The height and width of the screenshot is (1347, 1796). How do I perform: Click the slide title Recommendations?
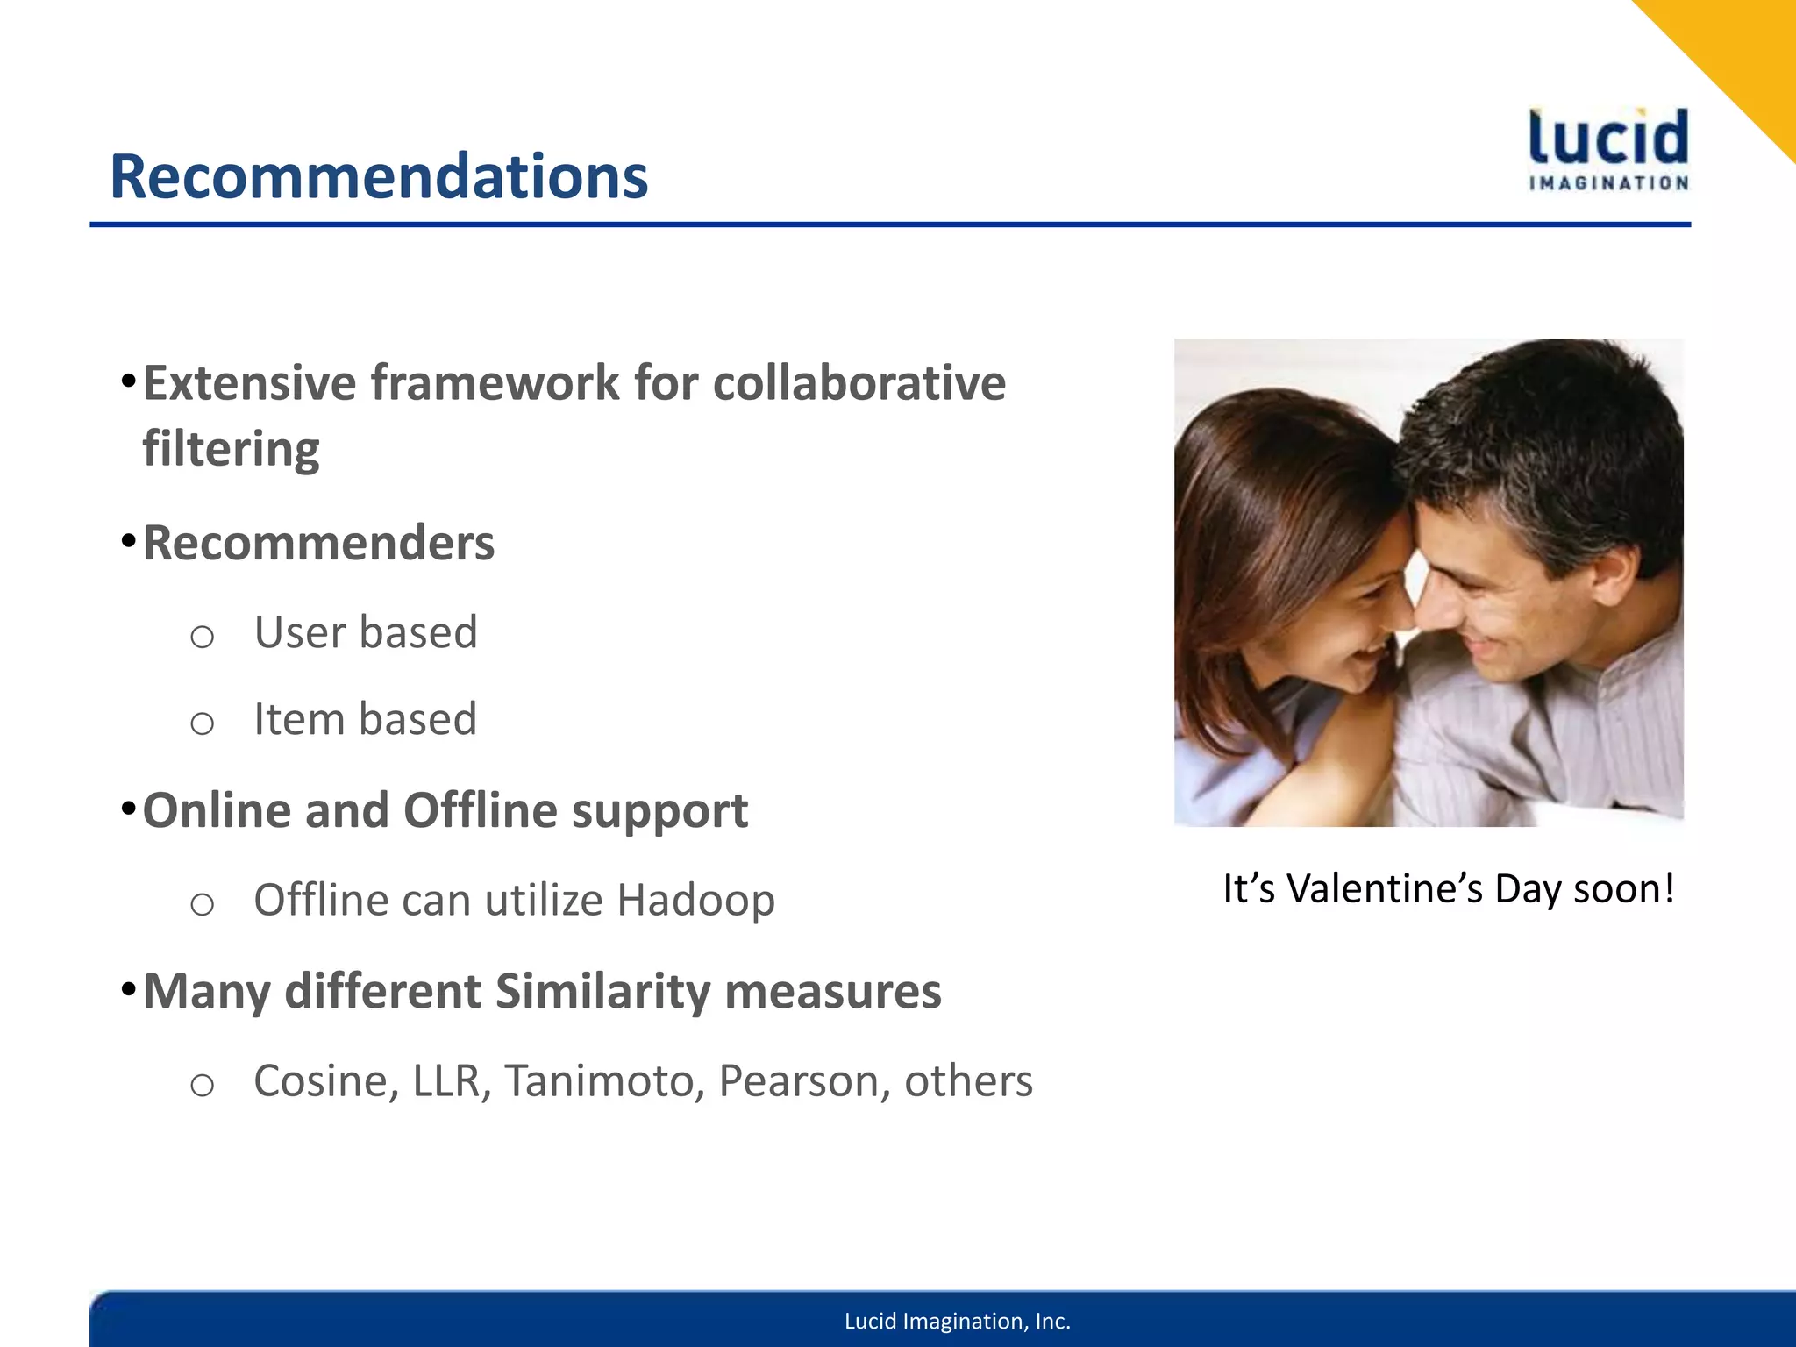[378, 176]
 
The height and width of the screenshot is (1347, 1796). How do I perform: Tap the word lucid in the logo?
[1608, 138]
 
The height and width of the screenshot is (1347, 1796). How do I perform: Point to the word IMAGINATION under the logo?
[1608, 183]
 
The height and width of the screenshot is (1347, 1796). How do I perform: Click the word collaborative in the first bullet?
[859, 383]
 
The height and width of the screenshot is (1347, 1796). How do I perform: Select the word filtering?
[231, 449]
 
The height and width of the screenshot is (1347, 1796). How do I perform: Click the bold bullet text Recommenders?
[318, 543]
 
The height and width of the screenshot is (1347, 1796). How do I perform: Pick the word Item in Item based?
[294, 719]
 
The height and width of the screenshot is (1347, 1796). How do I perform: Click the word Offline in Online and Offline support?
[480, 809]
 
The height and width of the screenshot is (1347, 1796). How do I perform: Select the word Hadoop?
[695, 900]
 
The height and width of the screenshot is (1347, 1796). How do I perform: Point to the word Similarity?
[602, 991]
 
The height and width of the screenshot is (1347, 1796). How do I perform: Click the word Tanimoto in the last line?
[604, 1080]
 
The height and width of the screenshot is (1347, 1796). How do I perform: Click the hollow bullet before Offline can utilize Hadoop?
[202, 903]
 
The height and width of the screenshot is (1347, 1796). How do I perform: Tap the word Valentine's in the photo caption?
[1384, 888]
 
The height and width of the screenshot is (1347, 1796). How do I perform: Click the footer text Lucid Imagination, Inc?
[957, 1321]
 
